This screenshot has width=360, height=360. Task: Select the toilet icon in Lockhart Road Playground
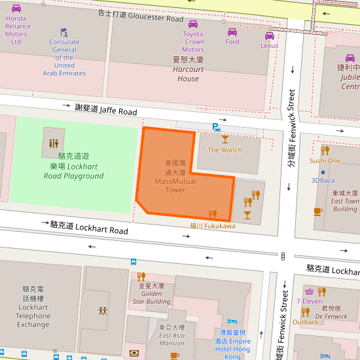click(x=54, y=143)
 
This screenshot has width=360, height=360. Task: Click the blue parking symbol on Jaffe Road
click(x=216, y=127)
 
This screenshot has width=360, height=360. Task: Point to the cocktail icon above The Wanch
click(x=225, y=139)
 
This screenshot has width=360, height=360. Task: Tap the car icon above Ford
click(x=232, y=32)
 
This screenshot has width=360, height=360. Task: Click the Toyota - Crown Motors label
click(x=192, y=41)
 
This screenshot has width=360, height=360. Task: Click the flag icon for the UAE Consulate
click(x=63, y=31)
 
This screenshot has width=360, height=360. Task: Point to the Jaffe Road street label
click(x=105, y=109)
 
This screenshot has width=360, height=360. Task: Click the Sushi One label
click(x=325, y=160)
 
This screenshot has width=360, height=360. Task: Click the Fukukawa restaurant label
click(x=212, y=226)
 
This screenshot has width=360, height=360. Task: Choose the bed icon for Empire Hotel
click(x=232, y=321)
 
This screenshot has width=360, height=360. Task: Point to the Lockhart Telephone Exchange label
click(x=33, y=306)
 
